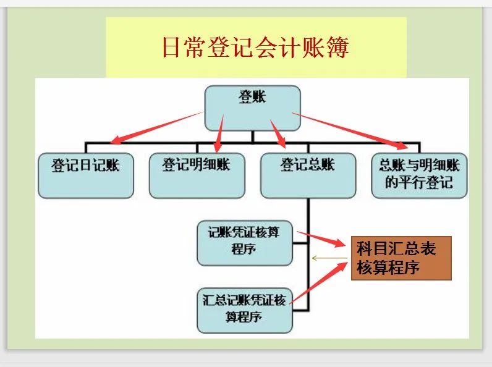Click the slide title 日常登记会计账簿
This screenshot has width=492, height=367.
pos(255,48)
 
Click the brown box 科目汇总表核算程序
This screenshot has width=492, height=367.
pos(401,258)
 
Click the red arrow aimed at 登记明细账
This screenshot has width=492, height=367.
pos(219,132)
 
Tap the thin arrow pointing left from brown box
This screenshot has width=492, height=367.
pos(331,258)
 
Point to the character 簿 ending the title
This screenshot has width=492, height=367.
pos(339,48)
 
